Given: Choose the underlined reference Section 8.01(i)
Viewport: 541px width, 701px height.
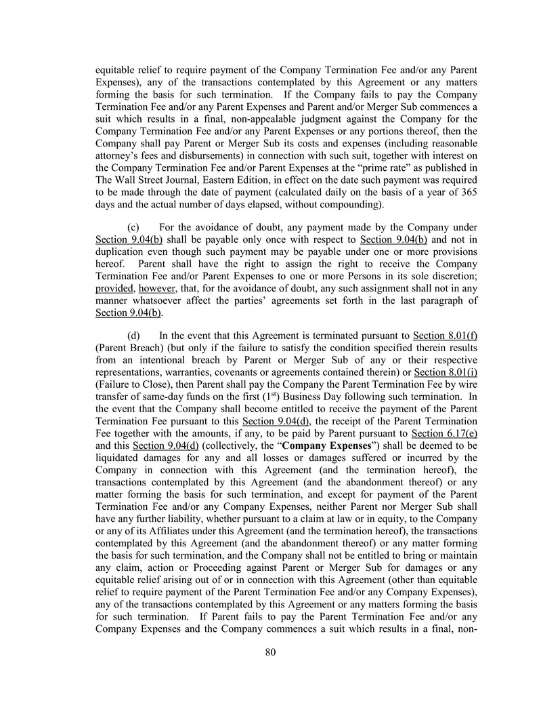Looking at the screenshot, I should (x=446, y=373).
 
